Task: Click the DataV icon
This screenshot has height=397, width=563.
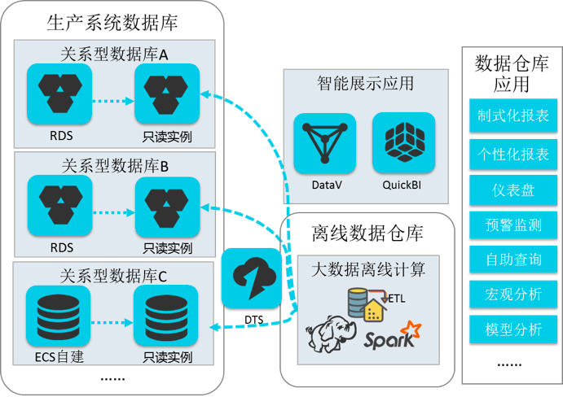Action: coord(326,142)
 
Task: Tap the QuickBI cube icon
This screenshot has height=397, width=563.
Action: coord(403,142)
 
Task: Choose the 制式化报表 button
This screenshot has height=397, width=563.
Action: coord(512,116)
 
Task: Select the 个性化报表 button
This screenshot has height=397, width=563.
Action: coord(512,153)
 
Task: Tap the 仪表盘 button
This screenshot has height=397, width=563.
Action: coord(512,190)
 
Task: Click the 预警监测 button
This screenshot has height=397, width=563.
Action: coord(512,225)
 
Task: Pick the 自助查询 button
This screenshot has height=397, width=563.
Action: coord(512,260)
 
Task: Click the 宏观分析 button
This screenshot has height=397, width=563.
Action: coord(512,294)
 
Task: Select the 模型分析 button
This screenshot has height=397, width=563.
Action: coord(512,329)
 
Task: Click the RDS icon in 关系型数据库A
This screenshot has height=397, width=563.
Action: coord(59,92)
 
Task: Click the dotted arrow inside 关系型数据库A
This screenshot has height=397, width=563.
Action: coord(112,102)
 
